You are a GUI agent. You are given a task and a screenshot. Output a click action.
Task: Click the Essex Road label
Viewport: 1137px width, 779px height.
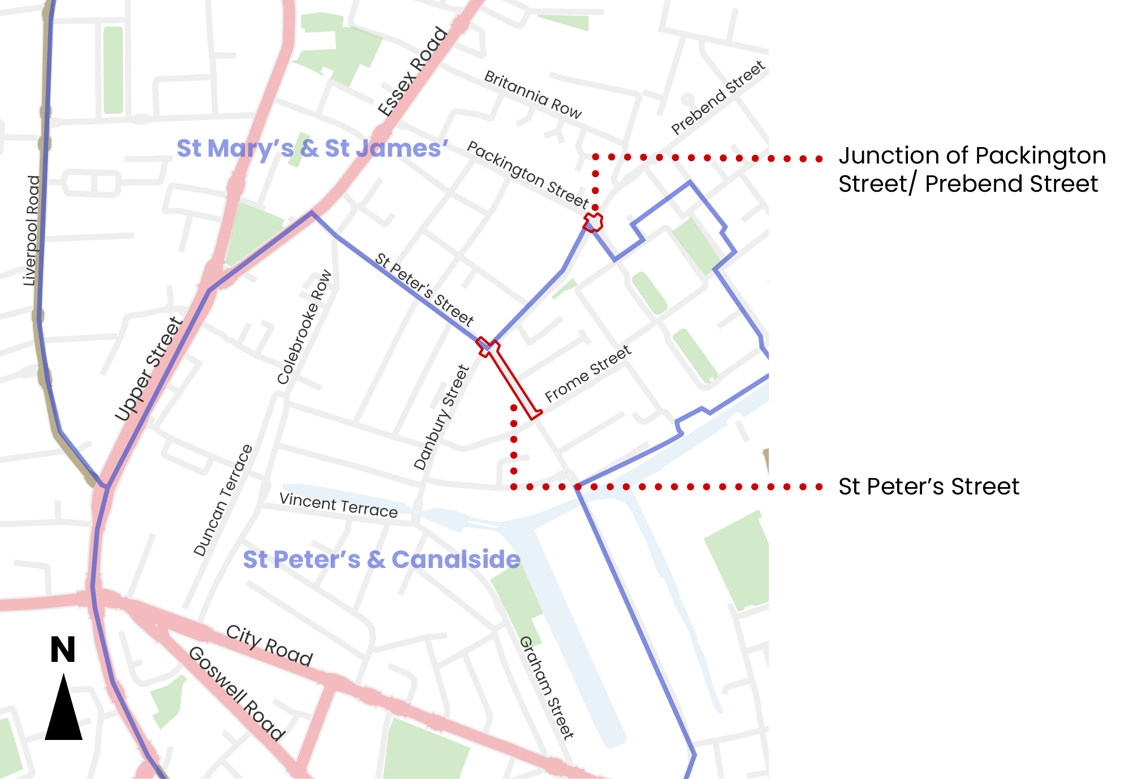(x=413, y=71)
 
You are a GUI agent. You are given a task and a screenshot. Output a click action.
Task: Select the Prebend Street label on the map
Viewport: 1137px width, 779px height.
(x=718, y=98)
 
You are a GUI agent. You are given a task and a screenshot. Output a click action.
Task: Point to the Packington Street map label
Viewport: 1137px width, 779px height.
(x=528, y=174)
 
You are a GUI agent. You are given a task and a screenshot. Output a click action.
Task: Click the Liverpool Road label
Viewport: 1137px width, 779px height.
(x=32, y=230)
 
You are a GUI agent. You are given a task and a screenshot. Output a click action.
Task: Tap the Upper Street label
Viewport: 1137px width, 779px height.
(x=149, y=369)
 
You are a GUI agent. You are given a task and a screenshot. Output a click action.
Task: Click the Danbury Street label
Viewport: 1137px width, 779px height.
(x=442, y=418)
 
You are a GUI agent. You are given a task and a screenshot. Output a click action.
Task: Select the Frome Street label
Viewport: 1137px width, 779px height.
(x=588, y=373)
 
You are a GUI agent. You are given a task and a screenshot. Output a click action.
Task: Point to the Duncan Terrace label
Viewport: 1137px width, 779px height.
(x=223, y=501)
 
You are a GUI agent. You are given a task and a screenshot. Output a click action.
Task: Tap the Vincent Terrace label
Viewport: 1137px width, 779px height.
(x=338, y=505)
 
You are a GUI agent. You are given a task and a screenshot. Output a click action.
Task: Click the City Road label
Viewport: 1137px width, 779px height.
(x=269, y=645)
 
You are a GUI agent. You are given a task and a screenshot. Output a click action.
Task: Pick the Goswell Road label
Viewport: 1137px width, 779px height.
(x=236, y=693)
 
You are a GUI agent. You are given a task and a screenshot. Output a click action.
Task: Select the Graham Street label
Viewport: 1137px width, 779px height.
(x=546, y=687)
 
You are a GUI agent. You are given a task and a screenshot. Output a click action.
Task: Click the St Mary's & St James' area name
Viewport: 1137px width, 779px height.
(x=312, y=148)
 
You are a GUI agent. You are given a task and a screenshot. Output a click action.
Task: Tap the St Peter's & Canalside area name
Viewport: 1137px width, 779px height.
(x=381, y=559)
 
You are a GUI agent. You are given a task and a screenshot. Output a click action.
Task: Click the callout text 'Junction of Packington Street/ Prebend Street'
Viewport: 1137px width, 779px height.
(x=971, y=170)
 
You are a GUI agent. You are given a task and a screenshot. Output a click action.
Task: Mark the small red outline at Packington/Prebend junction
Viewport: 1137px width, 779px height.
(x=593, y=222)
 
